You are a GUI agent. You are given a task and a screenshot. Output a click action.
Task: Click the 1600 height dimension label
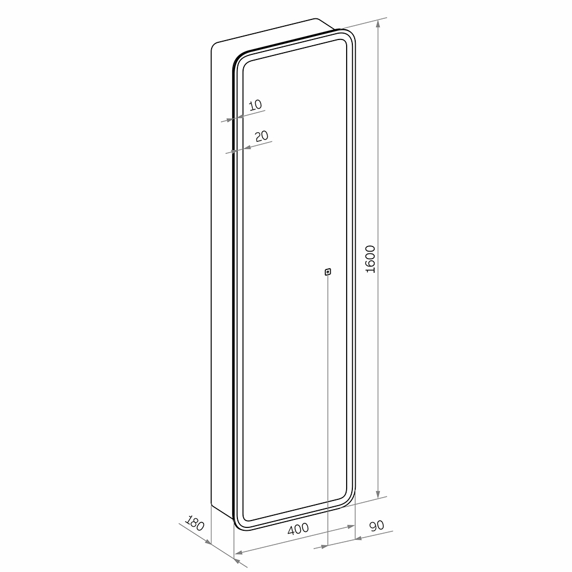point(370,259)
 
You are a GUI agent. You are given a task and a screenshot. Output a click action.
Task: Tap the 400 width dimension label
point(298,529)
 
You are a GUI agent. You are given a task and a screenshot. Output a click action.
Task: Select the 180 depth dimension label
point(194,523)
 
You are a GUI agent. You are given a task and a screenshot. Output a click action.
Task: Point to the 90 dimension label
point(377,526)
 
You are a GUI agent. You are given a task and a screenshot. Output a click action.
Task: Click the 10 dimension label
point(255,105)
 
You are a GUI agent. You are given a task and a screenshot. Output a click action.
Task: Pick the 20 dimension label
point(261,136)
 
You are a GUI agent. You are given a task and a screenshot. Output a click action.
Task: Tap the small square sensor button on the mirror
point(328,272)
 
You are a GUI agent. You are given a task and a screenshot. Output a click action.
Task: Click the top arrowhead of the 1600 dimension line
point(378,24)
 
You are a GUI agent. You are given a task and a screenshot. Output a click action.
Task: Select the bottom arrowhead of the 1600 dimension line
point(378,493)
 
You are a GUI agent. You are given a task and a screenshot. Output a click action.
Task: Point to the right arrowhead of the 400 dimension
point(351,526)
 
